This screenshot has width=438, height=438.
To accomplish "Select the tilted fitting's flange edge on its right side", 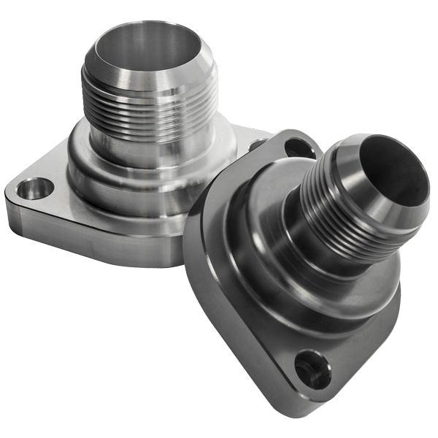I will pos(380,307).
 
